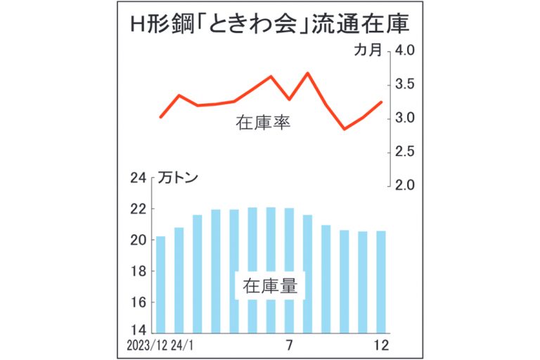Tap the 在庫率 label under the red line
pos(264,124)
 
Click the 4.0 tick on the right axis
pos(409,51)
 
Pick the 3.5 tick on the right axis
pos(409,84)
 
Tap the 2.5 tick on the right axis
pos(409,152)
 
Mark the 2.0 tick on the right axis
pos(409,186)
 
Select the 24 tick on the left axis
pos(138,179)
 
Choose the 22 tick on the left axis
pos(138,210)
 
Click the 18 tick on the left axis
pos(138,271)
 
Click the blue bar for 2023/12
pos(161,284)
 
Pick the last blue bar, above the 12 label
pos(381,281)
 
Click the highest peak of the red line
pos(308,73)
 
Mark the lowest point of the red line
pos(345,129)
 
